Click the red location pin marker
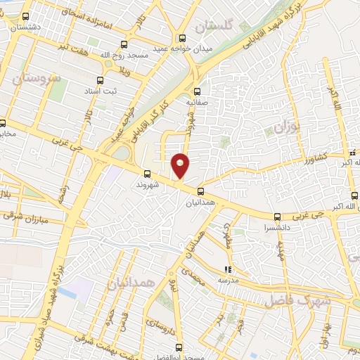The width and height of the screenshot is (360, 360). [181, 165]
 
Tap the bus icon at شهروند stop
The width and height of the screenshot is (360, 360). [147, 173]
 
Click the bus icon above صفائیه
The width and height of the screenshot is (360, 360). [197, 91]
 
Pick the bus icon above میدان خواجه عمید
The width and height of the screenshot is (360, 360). [183, 38]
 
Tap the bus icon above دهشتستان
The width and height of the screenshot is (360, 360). [26, 16]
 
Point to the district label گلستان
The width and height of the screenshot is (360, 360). [213, 27]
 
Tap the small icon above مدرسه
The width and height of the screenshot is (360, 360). [227, 269]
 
